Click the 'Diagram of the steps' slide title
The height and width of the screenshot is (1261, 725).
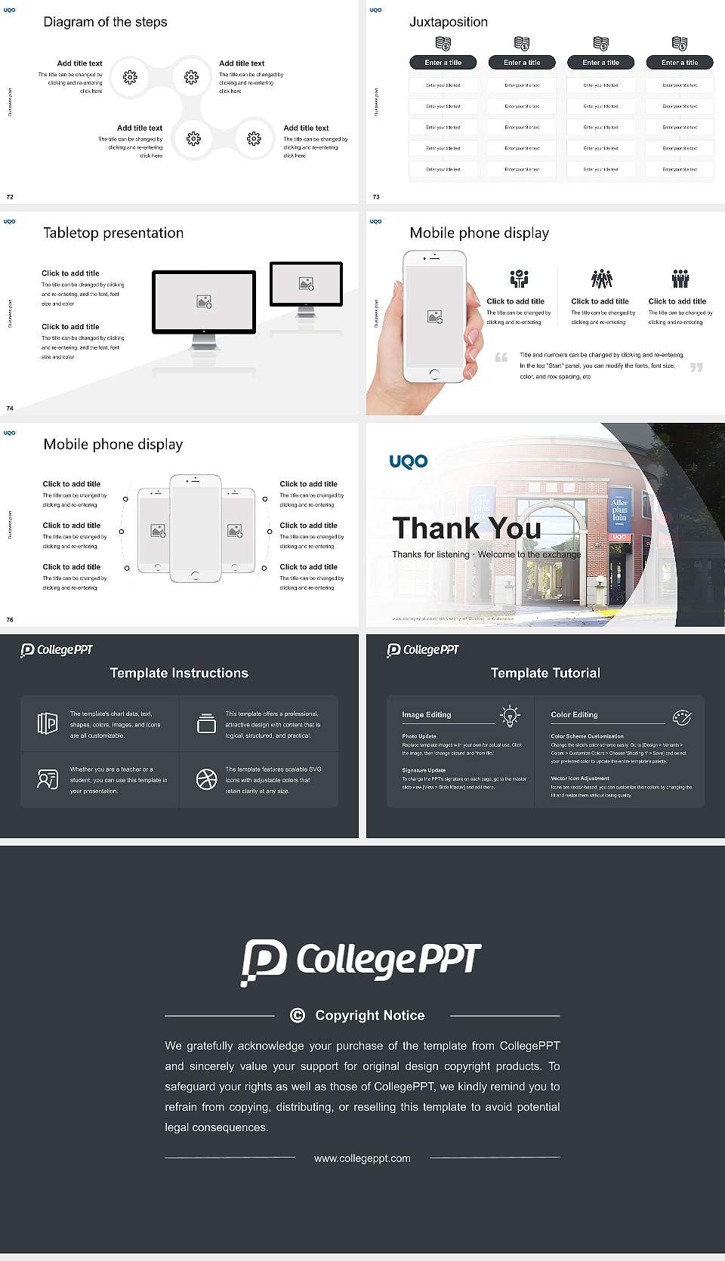coord(105,22)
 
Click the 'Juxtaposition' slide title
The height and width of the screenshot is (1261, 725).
coord(448,22)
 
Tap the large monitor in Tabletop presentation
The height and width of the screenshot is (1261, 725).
coord(204,302)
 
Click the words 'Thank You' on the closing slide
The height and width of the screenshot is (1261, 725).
coord(466,528)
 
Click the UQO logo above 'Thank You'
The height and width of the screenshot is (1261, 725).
coord(408,461)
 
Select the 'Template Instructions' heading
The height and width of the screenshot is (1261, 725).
coord(179,673)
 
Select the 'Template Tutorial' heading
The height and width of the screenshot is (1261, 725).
coord(545,673)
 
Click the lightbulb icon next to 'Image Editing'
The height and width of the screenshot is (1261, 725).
coord(510,715)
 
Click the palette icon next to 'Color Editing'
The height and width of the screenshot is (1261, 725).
coord(681,717)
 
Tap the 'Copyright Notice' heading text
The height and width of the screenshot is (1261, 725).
coord(369,1016)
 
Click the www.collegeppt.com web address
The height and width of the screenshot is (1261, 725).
coord(362,1158)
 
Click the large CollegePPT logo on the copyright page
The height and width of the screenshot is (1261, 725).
coord(361,961)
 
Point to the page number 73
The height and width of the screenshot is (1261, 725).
coord(376,197)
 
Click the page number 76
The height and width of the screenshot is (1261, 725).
coord(10,620)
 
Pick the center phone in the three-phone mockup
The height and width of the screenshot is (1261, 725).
coord(196,529)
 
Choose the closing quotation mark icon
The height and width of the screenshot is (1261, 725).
coord(696,367)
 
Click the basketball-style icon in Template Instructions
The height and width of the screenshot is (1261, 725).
coord(206,779)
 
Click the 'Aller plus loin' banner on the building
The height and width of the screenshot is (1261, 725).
coord(619,510)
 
